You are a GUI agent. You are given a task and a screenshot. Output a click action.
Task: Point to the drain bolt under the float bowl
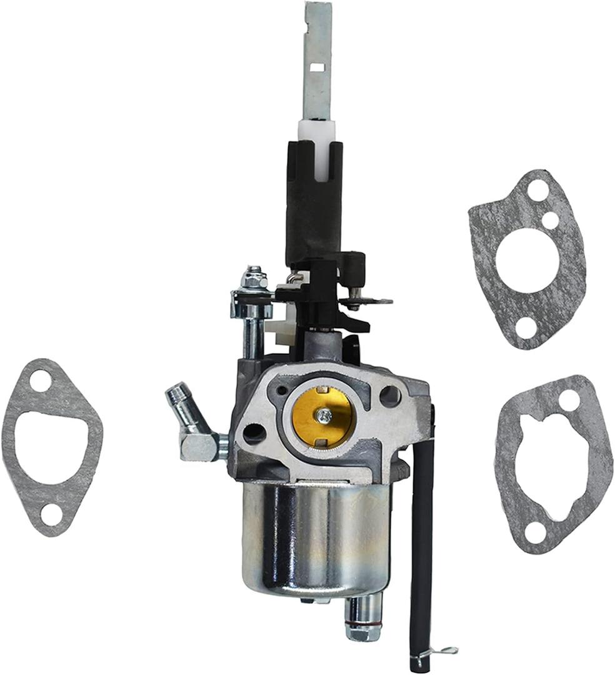tap(364, 619)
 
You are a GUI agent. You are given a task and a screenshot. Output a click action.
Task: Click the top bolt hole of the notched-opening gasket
tap(568, 399)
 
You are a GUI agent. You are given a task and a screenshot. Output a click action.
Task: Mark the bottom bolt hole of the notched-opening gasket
tap(534, 533)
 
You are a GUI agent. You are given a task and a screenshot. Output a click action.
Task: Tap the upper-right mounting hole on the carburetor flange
tap(389, 394)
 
